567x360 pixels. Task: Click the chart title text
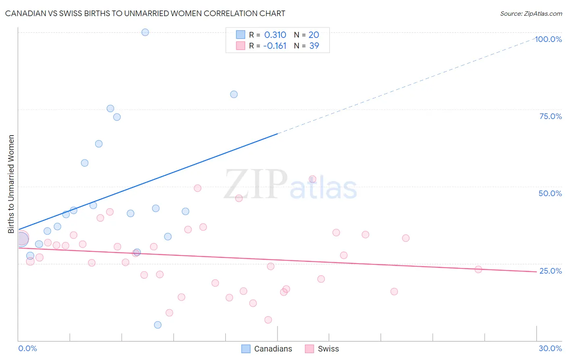pos(145,13)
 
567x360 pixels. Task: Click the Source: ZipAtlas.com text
pos(531,13)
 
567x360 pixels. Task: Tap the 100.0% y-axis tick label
pos(548,39)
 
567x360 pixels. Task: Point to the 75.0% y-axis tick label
pos(550,116)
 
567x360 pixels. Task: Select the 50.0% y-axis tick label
pos(550,193)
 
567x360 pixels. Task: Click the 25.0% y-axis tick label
pos(550,271)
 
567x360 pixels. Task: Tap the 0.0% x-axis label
pos(27,348)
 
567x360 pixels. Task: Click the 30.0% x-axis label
pos(550,348)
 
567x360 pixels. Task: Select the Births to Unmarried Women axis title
pos(11,184)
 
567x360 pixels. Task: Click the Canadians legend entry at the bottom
pos(267,349)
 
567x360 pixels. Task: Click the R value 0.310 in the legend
pos(275,35)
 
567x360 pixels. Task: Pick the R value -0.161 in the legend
pos(275,46)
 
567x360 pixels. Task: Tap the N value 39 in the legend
pos(314,46)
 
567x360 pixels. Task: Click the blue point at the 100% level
pos(145,32)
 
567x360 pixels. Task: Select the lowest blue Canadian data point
pos(158,325)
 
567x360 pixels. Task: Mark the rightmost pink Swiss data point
pos(478,270)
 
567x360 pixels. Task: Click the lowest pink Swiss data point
pos(268,320)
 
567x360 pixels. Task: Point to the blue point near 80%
pos(234,94)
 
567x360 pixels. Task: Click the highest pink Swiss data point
pos(313,179)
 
